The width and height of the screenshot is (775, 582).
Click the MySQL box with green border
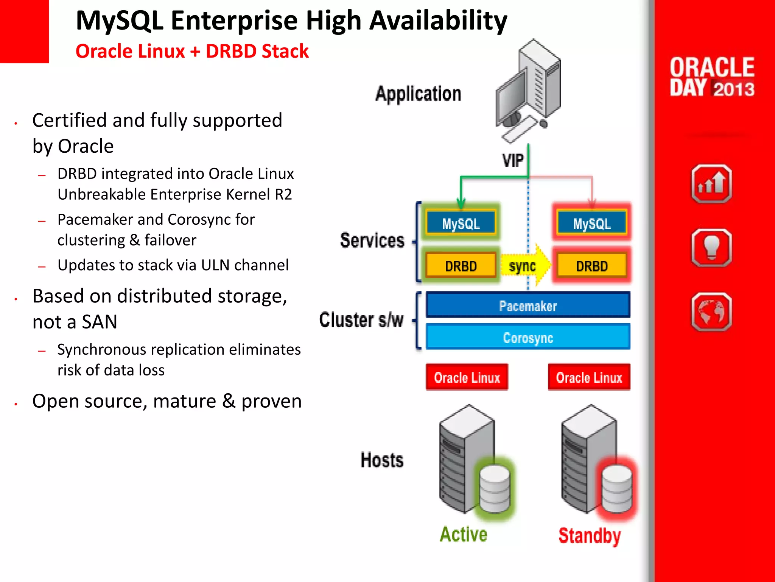pyautogui.click(x=461, y=223)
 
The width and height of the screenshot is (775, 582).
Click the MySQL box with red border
pyautogui.click(x=592, y=223)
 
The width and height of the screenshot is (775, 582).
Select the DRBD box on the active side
pyautogui.click(x=461, y=266)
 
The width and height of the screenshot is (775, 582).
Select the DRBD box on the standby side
pyautogui.click(x=592, y=266)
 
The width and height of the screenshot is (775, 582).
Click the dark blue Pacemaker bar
pyautogui.click(x=528, y=305)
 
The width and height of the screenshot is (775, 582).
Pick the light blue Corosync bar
pyautogui.click(x=528, y=337)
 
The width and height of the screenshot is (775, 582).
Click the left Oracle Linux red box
pyautogui.click(x=467, y=377)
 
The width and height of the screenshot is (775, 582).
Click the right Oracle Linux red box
pyautogui.click(x=589, y=377)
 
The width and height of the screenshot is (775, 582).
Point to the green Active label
pyautogui.click(x=463, y=534)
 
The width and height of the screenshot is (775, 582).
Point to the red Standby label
pyautogui.click(x=590, y=535)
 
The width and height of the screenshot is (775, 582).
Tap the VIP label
pyautogui.click(x=513, y=161)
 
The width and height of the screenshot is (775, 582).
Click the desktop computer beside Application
pyautogui.click(x=528, y=91)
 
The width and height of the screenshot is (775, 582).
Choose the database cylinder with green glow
pyautogui.click(x=495, y=489)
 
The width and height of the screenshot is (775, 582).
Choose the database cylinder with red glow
pyautogui.click(x=617, y=489)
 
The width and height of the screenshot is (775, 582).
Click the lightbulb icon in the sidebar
pyautogui.click(x=711, y=248)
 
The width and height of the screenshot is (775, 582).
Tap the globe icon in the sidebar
pyautogui.click(x=711, y=311)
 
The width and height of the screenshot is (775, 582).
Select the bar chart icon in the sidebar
pyautogui.click(x=711, y=184)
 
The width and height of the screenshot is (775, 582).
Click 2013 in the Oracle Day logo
pyautogui.click(x=734, y=89)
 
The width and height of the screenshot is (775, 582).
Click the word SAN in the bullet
pyautogui.click(x=99, y=322)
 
